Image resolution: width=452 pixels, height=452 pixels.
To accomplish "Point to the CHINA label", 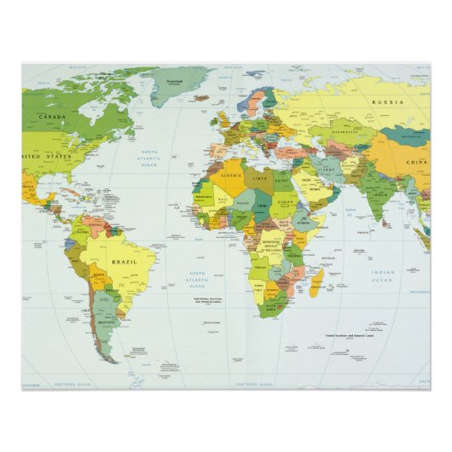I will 415,162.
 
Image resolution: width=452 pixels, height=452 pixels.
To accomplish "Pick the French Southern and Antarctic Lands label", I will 349,336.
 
